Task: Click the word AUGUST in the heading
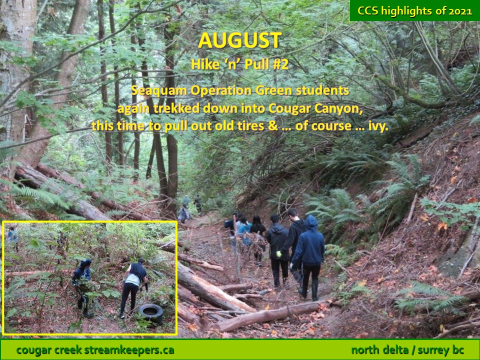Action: tap(239, 40)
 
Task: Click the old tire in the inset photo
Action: tap(150, 313)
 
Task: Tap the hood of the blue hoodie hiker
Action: tap(311, 222)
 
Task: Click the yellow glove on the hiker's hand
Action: tap(278, 254)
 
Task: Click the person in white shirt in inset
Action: tap(133, 288)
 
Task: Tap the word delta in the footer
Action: tap(394, 349)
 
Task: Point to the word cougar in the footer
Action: tap(33, 350)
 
